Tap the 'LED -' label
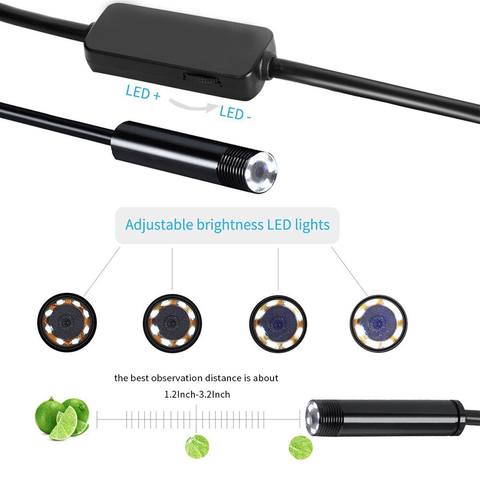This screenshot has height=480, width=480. [235, 113]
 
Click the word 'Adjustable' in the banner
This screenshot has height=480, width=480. [159, 225]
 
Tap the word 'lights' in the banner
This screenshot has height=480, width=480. [313, 225]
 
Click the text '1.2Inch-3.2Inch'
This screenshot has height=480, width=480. [197, 395]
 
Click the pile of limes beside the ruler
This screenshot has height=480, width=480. [62, 418]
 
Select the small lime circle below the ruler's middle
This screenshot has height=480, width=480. [197, 446]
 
